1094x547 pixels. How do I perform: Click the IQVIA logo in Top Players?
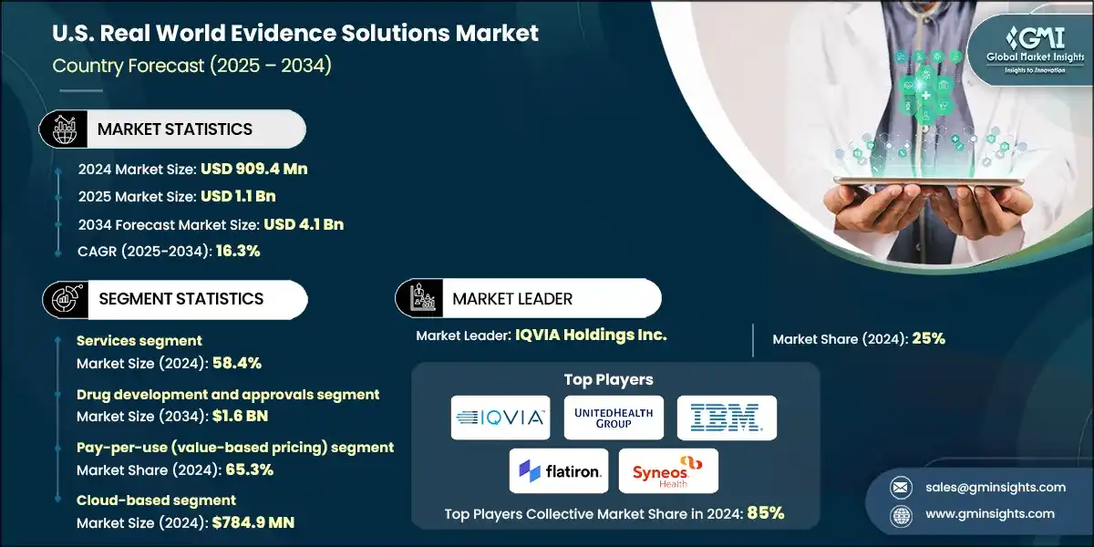click(501, 418)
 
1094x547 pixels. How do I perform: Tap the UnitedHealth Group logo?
click(614, 418)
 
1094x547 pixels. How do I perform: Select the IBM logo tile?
click(727, 418)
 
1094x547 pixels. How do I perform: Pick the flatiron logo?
click(557, 470)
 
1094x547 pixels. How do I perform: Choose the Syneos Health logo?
click(668, 470)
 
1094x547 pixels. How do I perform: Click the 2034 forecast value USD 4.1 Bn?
click(303, 223)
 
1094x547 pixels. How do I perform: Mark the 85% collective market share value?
click(765, 513)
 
